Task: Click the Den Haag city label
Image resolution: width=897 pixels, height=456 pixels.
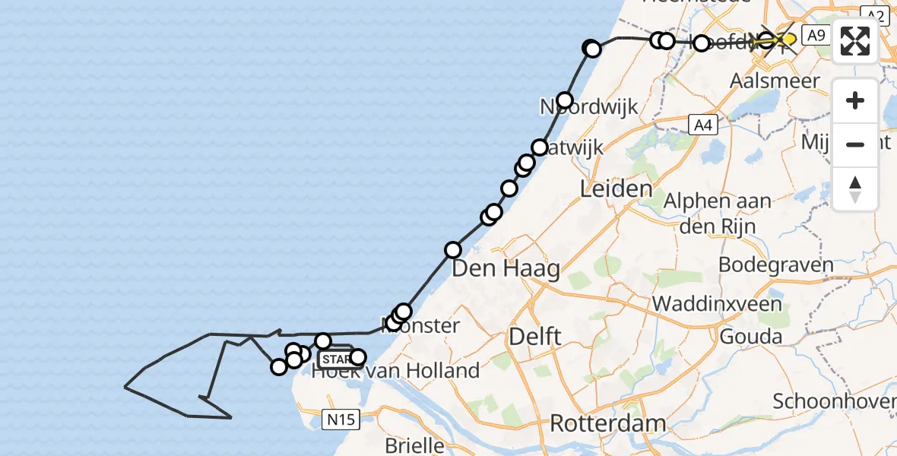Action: tap(506, 268)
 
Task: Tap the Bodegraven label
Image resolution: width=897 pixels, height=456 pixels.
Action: tap(775, 265)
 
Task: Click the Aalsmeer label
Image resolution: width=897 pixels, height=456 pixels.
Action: tap(775, 81)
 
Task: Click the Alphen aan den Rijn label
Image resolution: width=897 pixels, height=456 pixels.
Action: tap(718, 212)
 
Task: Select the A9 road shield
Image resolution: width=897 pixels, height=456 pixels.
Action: tap(816, 35)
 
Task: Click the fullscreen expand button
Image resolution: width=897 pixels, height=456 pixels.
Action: tap(855, 41)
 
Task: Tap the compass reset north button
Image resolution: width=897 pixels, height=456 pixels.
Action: tap(855, 189)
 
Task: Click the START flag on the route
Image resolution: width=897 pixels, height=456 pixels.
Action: tap(335, 359)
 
